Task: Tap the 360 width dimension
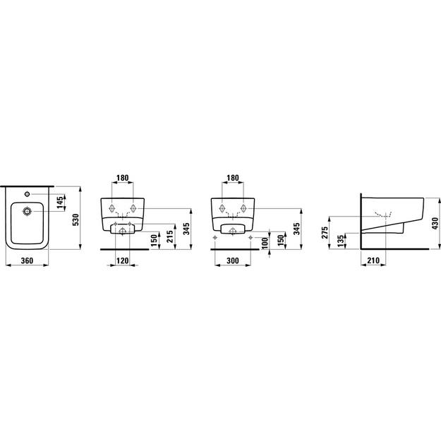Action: pos(28,260)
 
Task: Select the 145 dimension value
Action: pos(60,203)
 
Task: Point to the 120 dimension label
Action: pos(123,260)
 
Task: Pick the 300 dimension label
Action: pos(233,260)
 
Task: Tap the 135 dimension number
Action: pos(340,241)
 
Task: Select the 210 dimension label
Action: pos(373,260)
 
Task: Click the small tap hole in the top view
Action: pos(27,194)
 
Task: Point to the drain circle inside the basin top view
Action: pos(27,211)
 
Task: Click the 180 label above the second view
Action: pos(123,178)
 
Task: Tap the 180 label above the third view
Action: pos(233,178)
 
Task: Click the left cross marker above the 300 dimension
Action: pos(215,238)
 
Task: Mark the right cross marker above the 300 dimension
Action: pos(250,238)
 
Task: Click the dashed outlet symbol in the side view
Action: pos(384,215)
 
